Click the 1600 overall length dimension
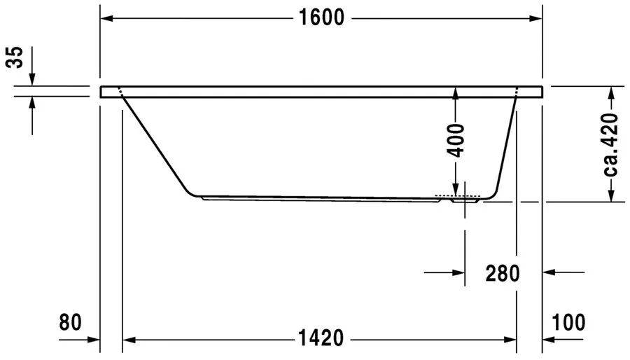tap(322, 18)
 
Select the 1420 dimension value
tap(319, 339)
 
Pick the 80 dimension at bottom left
tap(71, 322)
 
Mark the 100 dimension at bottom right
tap(568, 322)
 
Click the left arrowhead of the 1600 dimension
tap(106, 18)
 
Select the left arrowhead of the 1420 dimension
tap(129, 340)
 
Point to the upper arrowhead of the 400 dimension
tap(456, 92)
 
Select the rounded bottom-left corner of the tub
tap(190, 191)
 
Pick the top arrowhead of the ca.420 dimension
tap(612, 92)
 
